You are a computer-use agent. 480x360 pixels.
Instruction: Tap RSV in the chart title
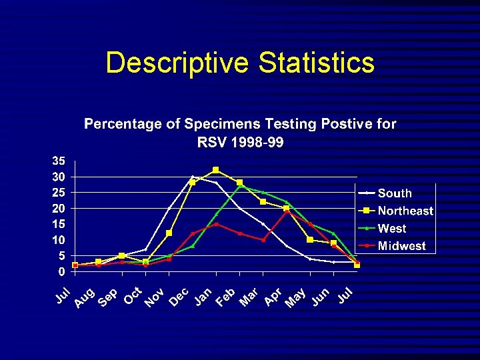click(212, 141)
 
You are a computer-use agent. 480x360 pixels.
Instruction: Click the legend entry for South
click(395, 193)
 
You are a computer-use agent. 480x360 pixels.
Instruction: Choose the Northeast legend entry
click(405, 211)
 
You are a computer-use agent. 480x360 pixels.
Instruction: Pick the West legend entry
click(392, 229)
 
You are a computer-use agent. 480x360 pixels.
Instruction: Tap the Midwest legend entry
click(401, 246)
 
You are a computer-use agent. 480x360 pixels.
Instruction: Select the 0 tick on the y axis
click(61, 271)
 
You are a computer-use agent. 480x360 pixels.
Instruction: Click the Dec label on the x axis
click(178, 299)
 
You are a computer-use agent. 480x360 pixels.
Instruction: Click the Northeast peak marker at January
click(216, 170)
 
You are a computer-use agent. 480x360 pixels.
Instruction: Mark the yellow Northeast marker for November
click(169, 233)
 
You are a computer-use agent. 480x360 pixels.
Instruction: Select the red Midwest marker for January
click(216, 224)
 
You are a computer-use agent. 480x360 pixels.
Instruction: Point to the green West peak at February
click(239, 186)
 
